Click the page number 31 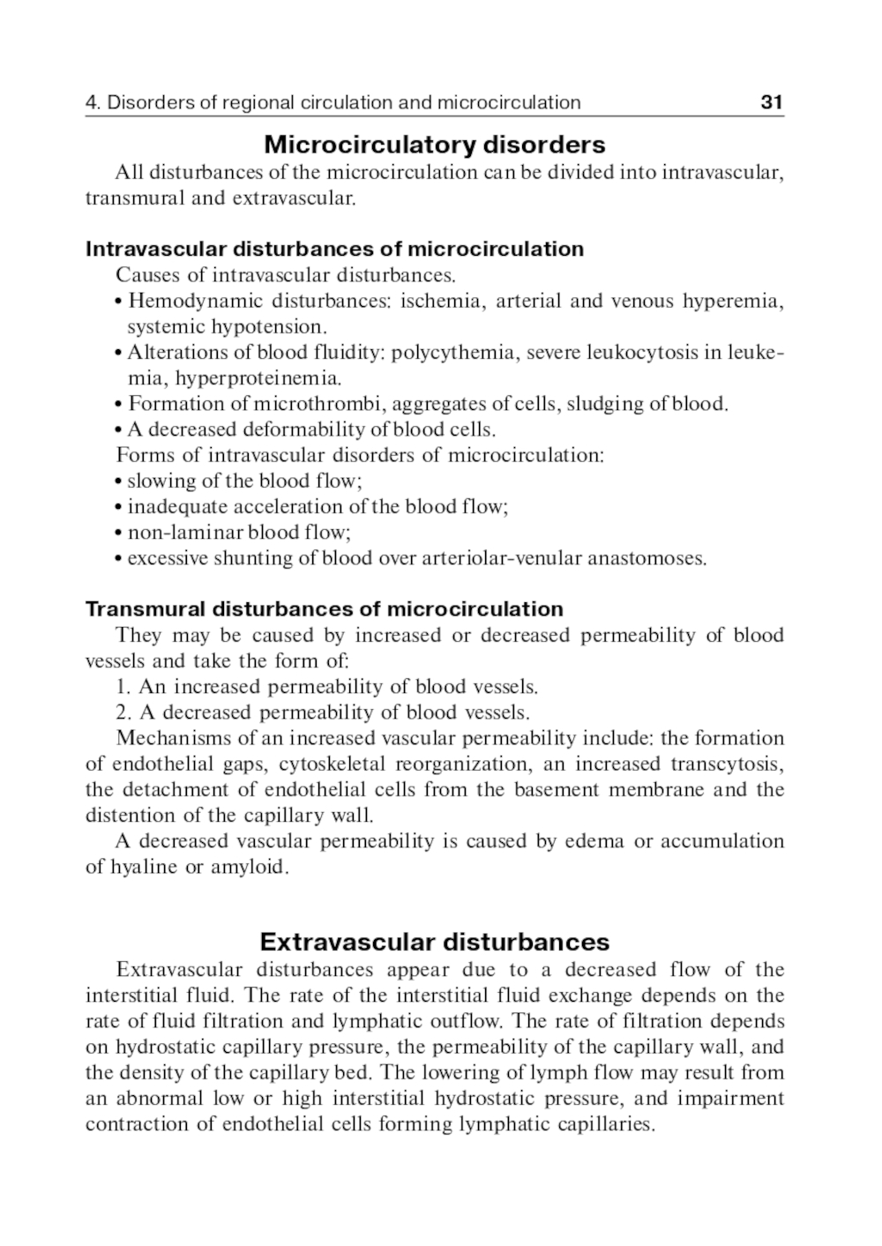click(771, 103)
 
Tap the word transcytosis click(727, 764)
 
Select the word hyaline click(144, 868)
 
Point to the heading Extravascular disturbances click(434, 942)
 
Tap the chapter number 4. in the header click(93, 103)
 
